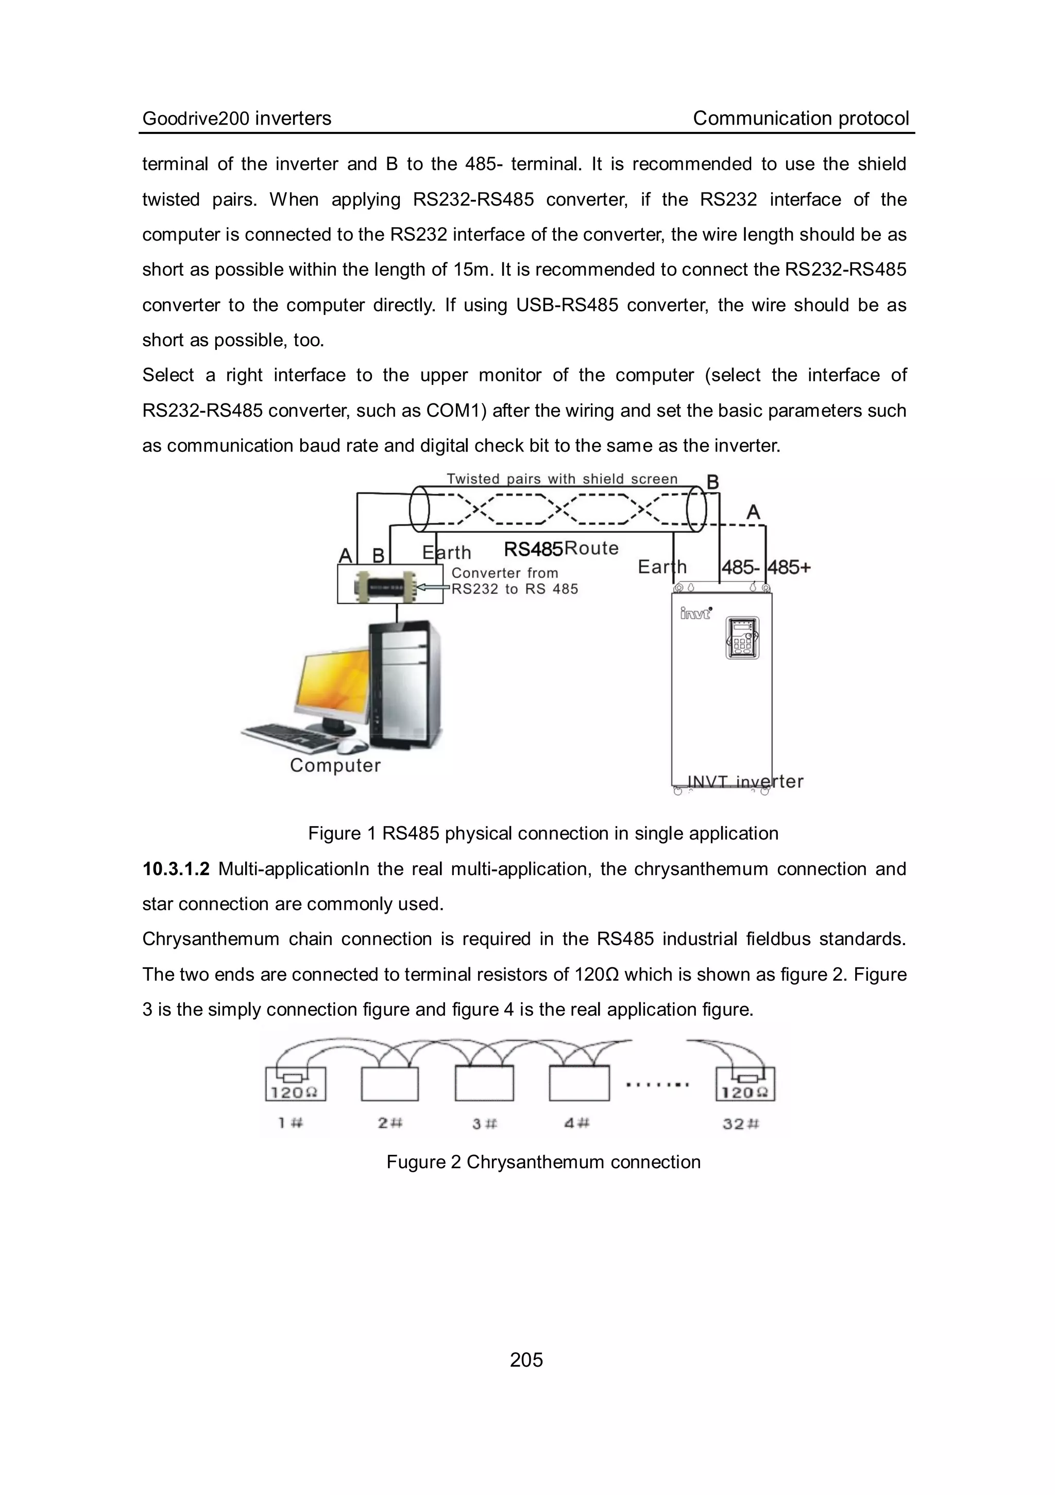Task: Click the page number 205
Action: pyautogui.click(x=526, y=1359)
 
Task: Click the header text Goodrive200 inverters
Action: pyautogui.click(x=237, y=119)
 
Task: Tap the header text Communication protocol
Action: pyautogui.click(x=801, y=119)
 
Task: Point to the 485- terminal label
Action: pyautogui.click(x=740, y=567)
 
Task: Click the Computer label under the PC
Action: pyautogui.click(x=335, y=765)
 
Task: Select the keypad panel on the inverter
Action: pyautogui.click(x=743, y=637)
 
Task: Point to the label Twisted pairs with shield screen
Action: pyautogui.click(x=561, y=479)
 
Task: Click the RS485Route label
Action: pyautogui.click(x=561, y=549)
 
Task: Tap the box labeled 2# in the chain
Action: pyautogui.click(x=389, y=1085)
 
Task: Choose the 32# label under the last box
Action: pyautogui.click(x=741, y=1123)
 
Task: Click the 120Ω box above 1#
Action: pyautogui.click(x=296, y=1085)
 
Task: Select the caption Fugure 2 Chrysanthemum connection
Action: pyautogui.click(x=543, y=1162)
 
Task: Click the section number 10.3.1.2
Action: pyautogui.click(x=176, y=869)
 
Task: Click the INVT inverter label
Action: pyautogui.click(x=745, y=781)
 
